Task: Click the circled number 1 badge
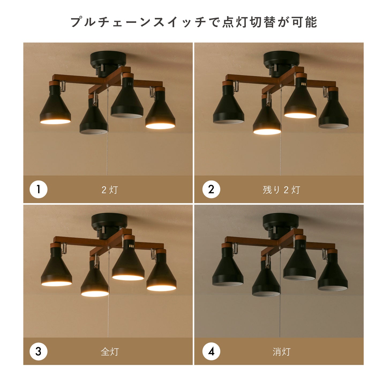(x=38, y=189)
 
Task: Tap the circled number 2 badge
(x=211, y=189)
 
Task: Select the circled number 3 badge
(x=38, y=351)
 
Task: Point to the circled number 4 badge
(x=211, y=351)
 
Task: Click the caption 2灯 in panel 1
(x=110, y=190)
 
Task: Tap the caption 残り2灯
(x=281, y=190)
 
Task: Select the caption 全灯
(x=110, y=352)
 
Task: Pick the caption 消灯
(x=281, y=352)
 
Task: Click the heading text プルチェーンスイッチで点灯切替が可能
(x=194, y=22)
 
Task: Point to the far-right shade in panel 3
(x=161, y=272)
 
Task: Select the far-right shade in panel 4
(x=333, y=272)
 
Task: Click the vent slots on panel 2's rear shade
(x=303, y=84)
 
